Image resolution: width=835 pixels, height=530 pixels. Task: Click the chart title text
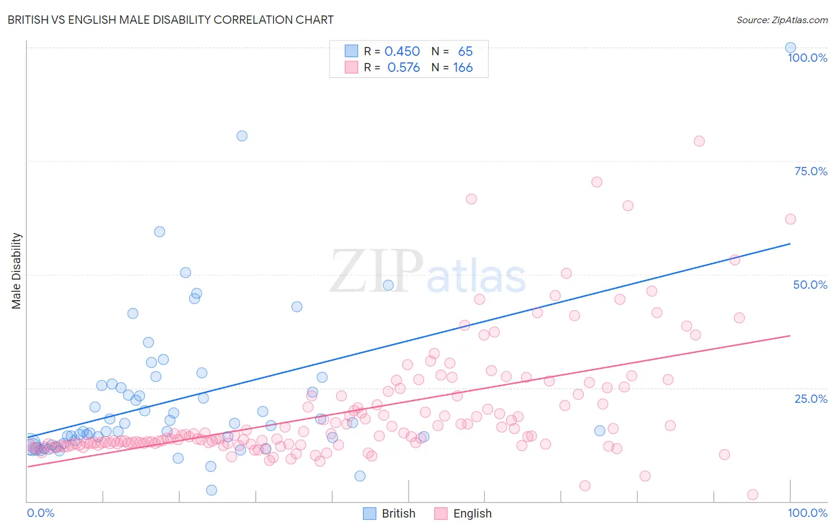pyautogui.click(x=170, y=20)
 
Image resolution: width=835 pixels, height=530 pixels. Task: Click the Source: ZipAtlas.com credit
pyautogui.click(x=782, y=20)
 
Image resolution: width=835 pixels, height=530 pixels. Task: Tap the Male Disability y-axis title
pyautogui.click(x=17, y=271)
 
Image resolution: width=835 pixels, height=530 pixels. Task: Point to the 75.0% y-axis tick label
pyautogui.click(x=811, y=171)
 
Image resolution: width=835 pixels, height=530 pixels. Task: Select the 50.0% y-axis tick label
pyautogui.click(x=810, y=285)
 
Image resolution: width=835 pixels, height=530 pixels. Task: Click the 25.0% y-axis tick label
pyautogui.click(x=811, y=398)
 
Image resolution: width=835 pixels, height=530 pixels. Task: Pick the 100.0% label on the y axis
pyautogui.click(x=807, y=58)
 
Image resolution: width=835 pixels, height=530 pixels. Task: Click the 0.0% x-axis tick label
pyautogui.click(x=40, y=513)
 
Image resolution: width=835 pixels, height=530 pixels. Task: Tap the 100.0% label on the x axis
pyautogui.click(x=807, y=513)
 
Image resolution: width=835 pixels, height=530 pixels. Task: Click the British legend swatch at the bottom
pyautogui.click(x=369, y=513)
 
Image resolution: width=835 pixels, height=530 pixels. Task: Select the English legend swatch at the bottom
pyautogui.click(x=441, y=513)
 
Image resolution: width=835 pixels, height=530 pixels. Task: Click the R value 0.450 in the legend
pyautogui.click(x=402, y=51)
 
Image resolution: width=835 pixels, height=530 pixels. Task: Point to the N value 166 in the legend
pyautogui.click(x=463, y=67)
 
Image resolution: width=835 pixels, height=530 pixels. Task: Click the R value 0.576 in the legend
pyautogui.click(x=403, y=67)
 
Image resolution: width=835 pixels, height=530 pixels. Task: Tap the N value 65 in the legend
pyautogui.click(x=465, y=51)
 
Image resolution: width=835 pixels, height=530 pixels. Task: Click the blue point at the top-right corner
pyautogui.click(x=790, y=48)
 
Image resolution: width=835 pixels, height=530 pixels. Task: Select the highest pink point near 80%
pyautogui.click(x=699, y=141)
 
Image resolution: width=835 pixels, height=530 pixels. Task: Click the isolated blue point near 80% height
pyautogui.click(x=242, y=135)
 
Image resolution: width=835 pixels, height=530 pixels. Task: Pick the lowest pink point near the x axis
pyautogui.click(x=752, y=494)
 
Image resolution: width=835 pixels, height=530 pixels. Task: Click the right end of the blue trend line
pyautogui.click(x=790, y=244)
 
